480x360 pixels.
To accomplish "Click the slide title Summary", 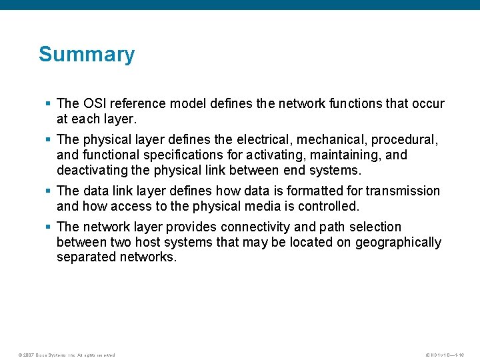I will click(x=87, y=54).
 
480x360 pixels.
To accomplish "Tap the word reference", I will click(x=138, y=103).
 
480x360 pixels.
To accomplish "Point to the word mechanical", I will click(x=331, y=140).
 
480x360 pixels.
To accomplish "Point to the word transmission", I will click(x=403, y=191).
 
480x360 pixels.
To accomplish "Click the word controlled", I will click(x=326, y=205).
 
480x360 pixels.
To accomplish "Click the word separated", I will click(x=86, y=257).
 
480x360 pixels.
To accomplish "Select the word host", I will click(x=139, y=242).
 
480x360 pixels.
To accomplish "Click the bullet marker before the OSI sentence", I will click(x=47, y=103).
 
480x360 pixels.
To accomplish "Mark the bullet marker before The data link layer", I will click(x=47, y=191).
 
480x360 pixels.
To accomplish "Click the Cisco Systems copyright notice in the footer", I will click(x=67, y=355).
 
